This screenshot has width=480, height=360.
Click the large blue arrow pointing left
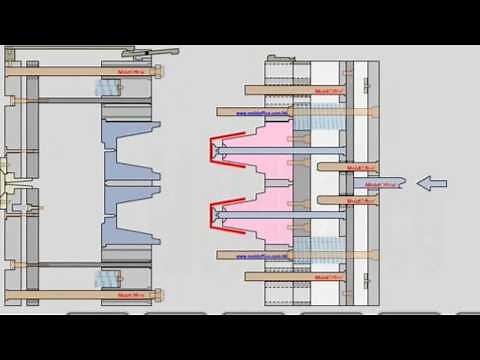pyautogui.click(x=432, y=183)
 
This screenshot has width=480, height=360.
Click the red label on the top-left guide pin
pyautogui.click(x=131, y=71)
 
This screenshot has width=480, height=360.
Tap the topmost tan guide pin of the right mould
pyautogui.click(x=300, y=89)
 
